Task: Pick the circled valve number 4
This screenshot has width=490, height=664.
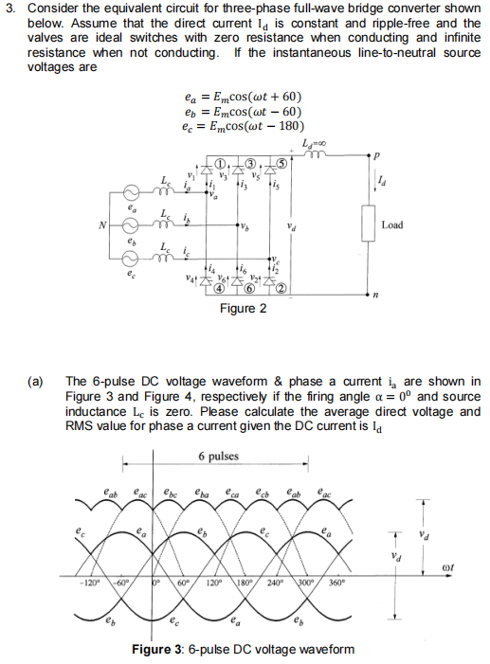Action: pyautogui.click(x=220, y=287)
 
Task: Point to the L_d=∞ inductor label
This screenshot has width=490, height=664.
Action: pyautogui.click(x=310, y=141)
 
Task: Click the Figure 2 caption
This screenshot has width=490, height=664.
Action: pyautogui.click(x=243, y=308)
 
